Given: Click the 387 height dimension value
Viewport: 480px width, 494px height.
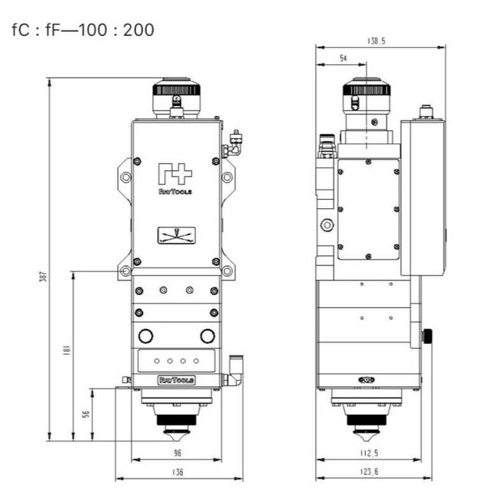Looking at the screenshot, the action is click(44, 277).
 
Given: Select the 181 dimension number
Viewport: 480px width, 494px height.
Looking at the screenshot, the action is click(67, 350).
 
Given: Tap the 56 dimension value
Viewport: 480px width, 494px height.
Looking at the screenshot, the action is click(86, 414).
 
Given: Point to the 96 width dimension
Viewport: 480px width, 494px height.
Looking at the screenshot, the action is click(178, 453).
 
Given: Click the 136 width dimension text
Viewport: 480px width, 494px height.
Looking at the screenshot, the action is click(178, 472).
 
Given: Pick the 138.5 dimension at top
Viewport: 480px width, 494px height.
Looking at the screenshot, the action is click(376, 41).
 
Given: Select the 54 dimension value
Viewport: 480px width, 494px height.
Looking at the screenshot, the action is click(343, 59).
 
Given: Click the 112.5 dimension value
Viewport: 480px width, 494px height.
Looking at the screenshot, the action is click(369, 453).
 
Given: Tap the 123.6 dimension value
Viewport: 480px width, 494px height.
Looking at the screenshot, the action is click(369, 471).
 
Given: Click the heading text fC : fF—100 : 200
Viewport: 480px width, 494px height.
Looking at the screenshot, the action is click(82, 30).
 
